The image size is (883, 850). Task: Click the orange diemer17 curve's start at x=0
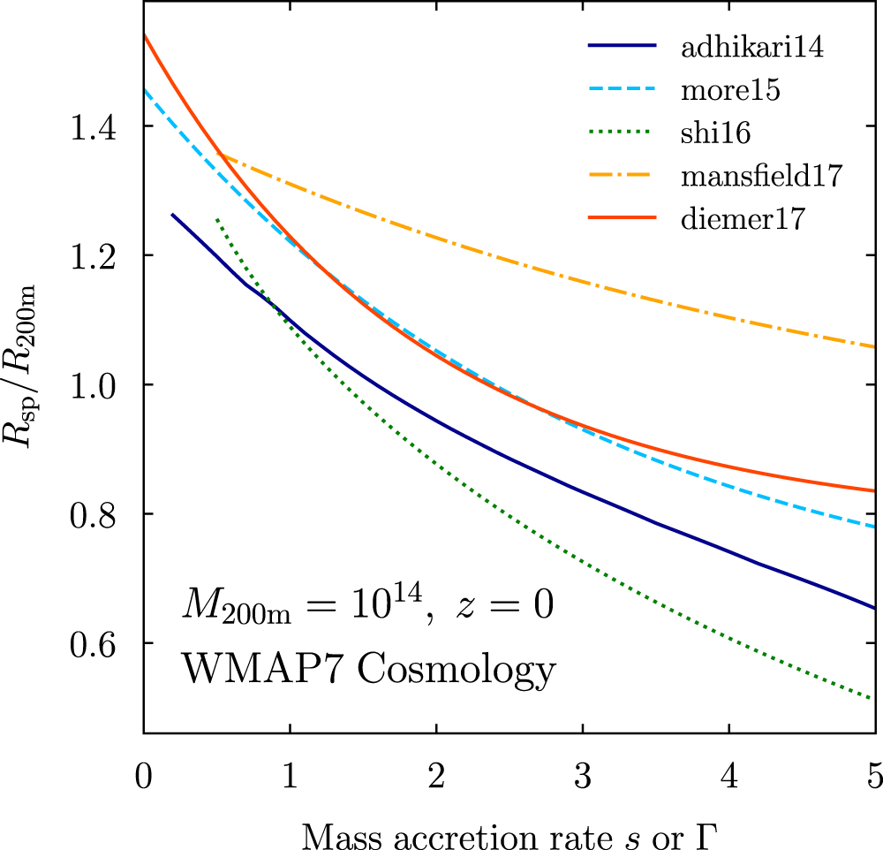tap(144, 34)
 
